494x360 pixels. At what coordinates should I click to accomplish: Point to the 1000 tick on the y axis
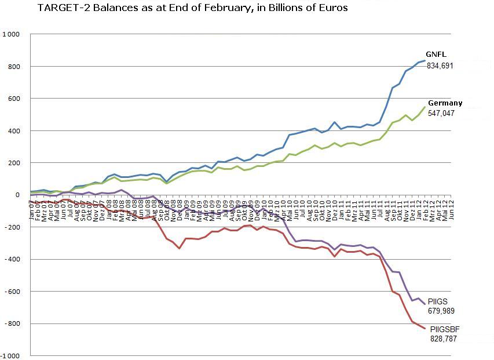click(x=11, y=34)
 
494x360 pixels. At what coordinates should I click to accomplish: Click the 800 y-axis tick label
click(x=13, y=67)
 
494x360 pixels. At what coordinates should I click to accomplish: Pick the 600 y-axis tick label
click(x=13, y=99)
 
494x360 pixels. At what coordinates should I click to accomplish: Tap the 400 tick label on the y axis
click(x=13, y=131)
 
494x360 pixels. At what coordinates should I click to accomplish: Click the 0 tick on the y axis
click(x=17, y=195)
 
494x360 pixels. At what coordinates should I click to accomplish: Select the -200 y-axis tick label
click(x=12, y=227)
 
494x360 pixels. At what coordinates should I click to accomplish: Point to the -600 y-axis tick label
click(x=12, y=292)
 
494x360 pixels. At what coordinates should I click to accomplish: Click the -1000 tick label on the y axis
click(x=10, y=355)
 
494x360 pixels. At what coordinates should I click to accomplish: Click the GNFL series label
click(x=436, y=55)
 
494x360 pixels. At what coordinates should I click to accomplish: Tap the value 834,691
click(x=440, y=66)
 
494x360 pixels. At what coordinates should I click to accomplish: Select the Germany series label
click(x=445, y=103)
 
